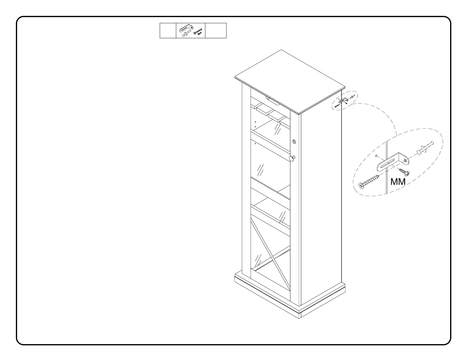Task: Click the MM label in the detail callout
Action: point(398,182)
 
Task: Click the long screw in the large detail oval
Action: point(369,181)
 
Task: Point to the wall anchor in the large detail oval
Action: point(425,148)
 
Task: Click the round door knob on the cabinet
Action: point(292,159)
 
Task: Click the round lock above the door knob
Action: point(294,142)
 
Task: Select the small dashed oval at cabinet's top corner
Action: point(344,101)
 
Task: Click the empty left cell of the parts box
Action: point(168,31)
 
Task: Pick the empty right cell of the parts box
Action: point(216,31)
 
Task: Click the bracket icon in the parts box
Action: point(186,28)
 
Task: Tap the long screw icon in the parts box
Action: point(198,31)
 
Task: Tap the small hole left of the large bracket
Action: point(376,156)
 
